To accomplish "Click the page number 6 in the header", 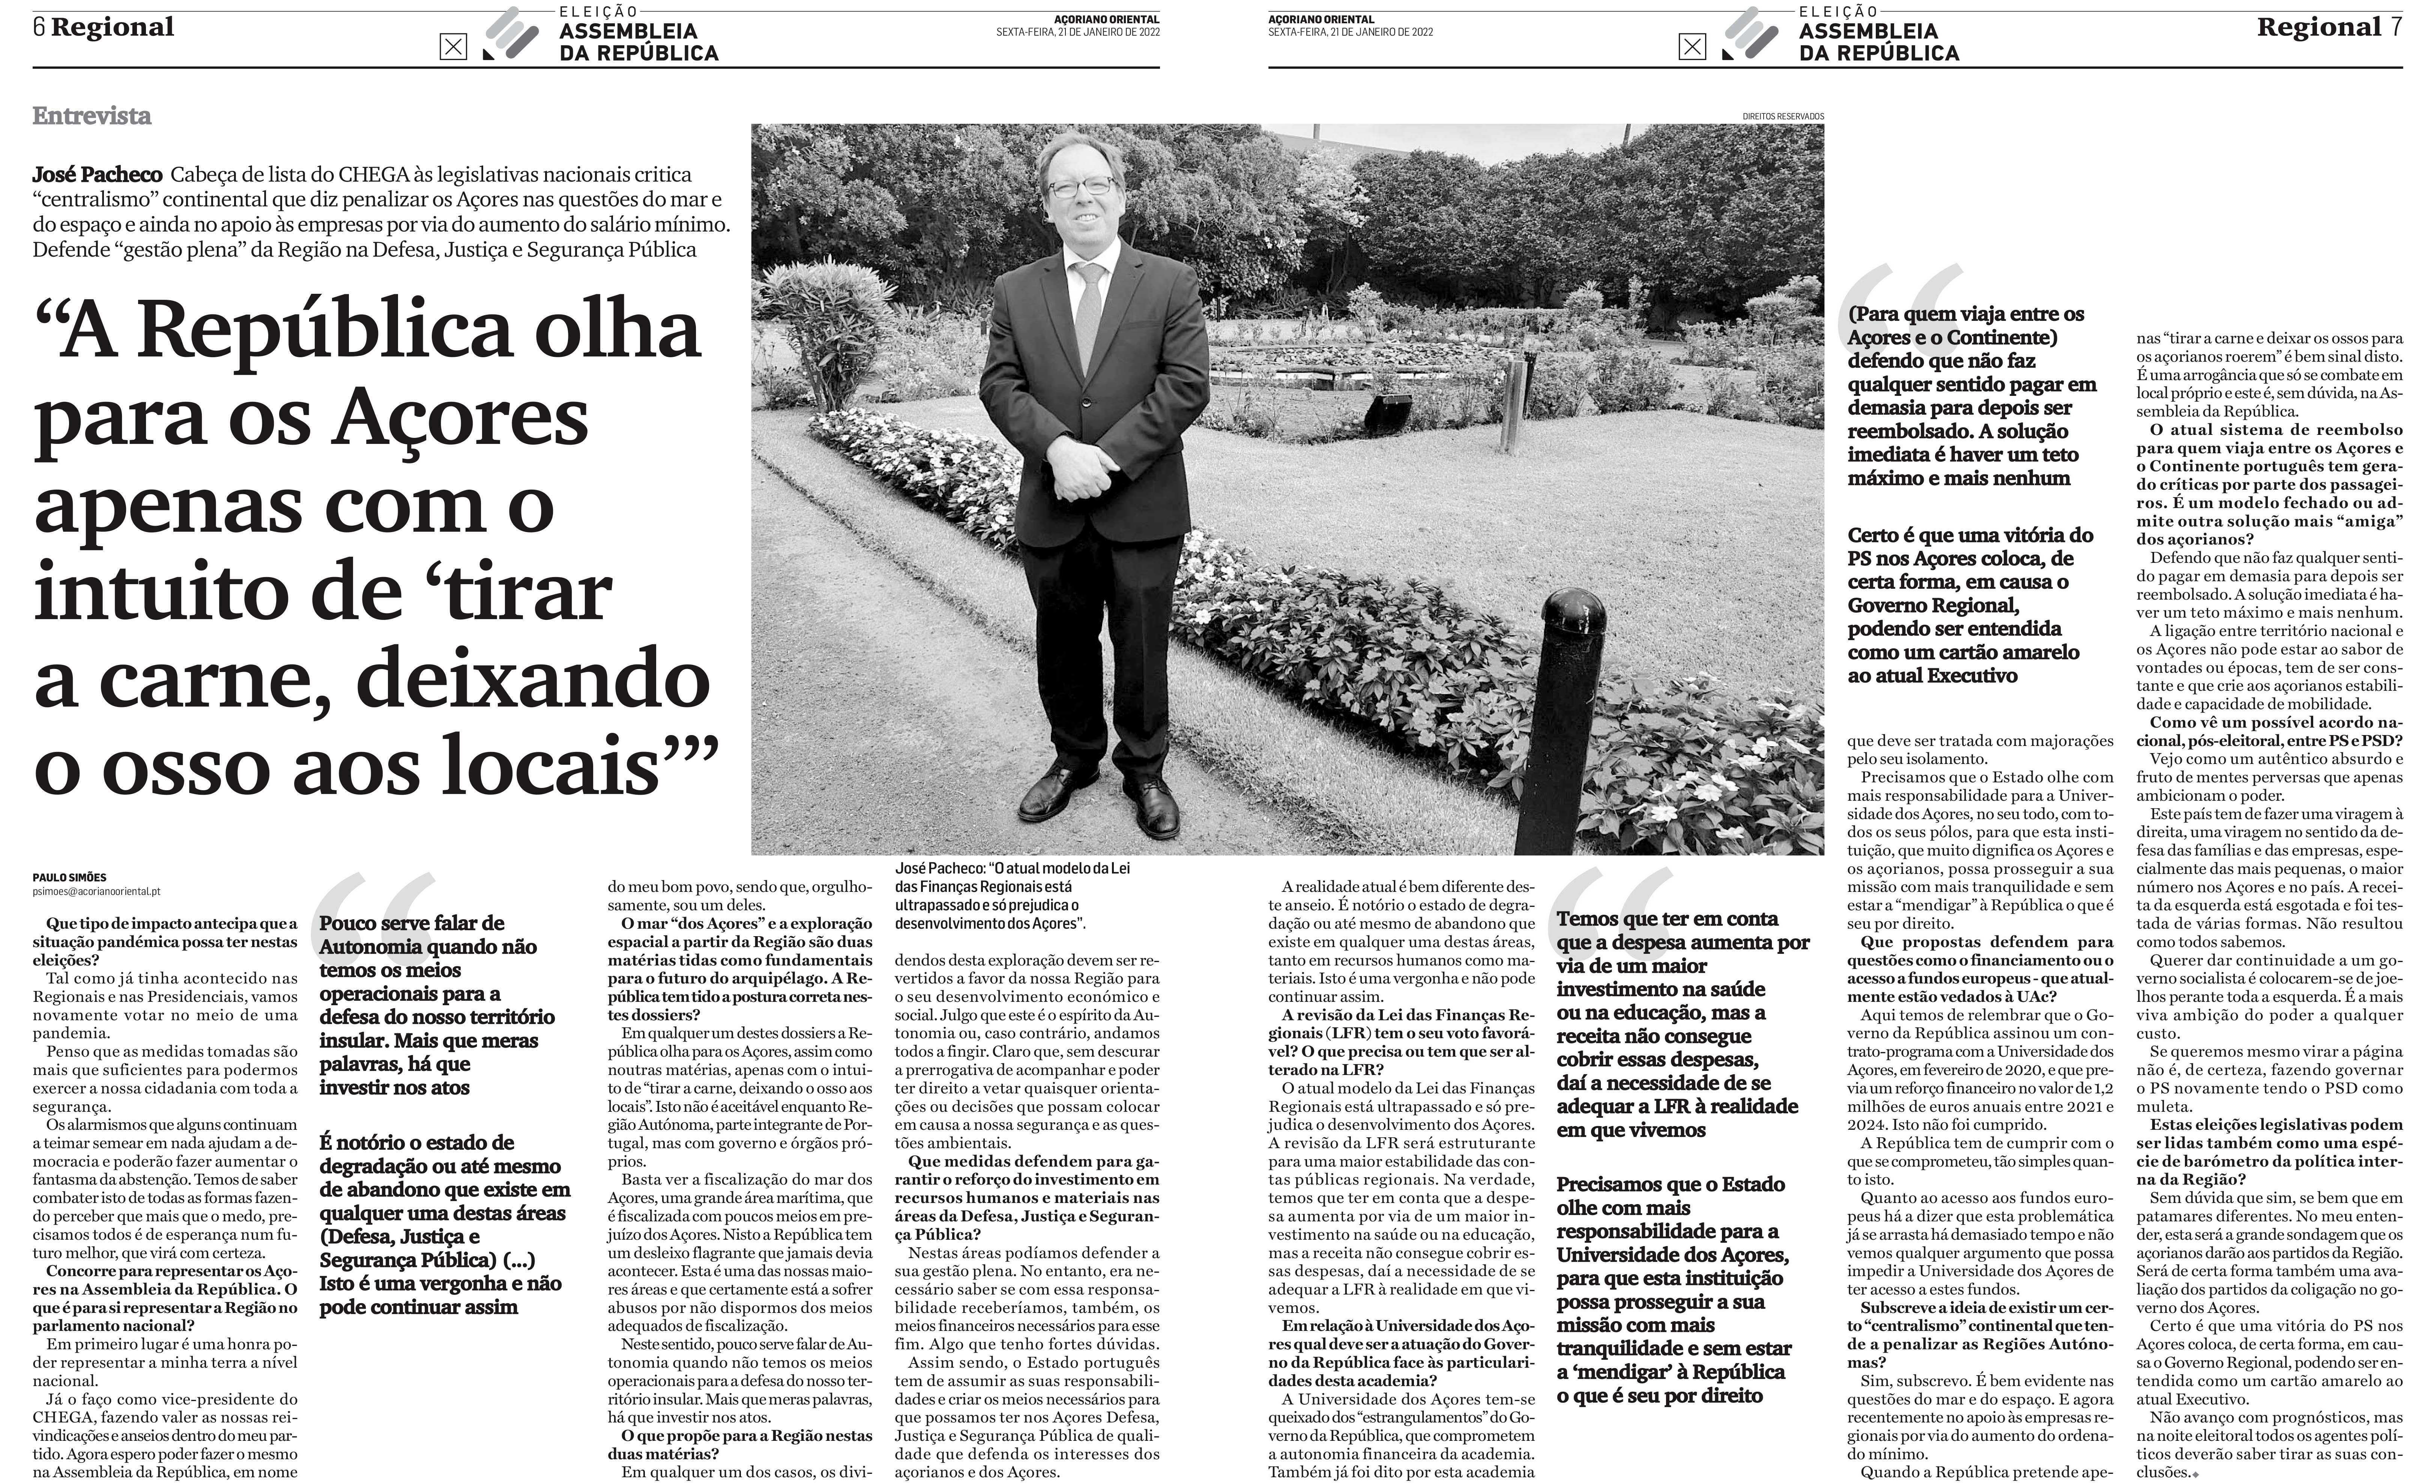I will pyautogui.click(x=39, y=28).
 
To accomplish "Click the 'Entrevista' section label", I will pyautogui.click(x=92, y=116).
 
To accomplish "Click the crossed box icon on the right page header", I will pyautogui.click(x=1692, y=46).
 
